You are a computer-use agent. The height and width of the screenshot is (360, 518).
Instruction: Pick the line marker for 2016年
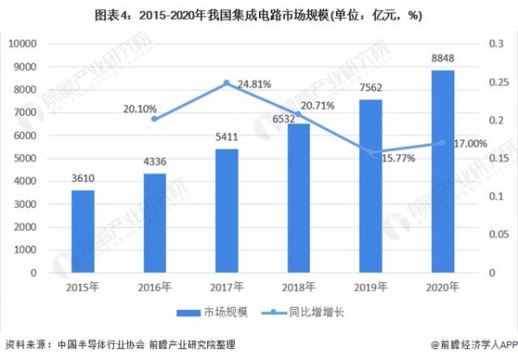point(155,118)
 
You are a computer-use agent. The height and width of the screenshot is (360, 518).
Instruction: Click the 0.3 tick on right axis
point(496,44)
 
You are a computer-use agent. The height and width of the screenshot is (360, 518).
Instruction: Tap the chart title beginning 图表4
point(259,15)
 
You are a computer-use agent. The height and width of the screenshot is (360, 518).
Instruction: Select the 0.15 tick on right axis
point(498,159)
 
